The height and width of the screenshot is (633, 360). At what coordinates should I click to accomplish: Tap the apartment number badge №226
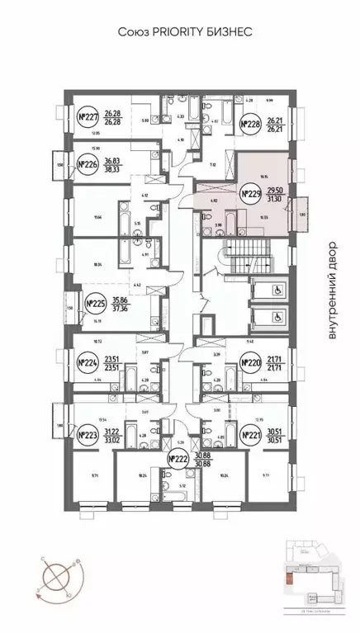pyautogui.click(x=87, y=166)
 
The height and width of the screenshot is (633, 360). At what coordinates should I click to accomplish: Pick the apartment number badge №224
pyautogui.click(x=87, y=361)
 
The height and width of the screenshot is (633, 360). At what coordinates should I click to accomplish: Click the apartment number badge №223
pyautogui.click(x=87, y=435)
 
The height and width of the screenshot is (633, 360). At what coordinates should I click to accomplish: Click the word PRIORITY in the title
pyautogui.click(x=166, y=31)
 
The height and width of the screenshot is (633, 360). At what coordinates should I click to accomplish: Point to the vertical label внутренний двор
pyautogui.click(x=333, y=291)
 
